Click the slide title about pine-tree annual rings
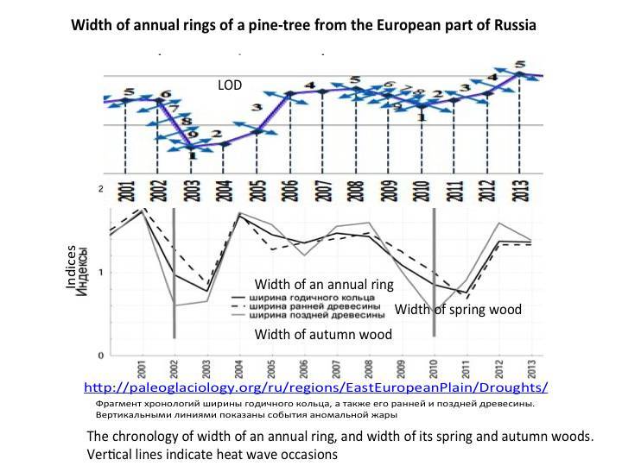[303, 25]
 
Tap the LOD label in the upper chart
[230, 85]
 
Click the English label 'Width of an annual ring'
[324, 284]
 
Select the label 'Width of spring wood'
[459, 309]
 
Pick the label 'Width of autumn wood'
[323, 334]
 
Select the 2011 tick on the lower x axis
[467, 368]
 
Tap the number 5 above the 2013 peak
[519, 64]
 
